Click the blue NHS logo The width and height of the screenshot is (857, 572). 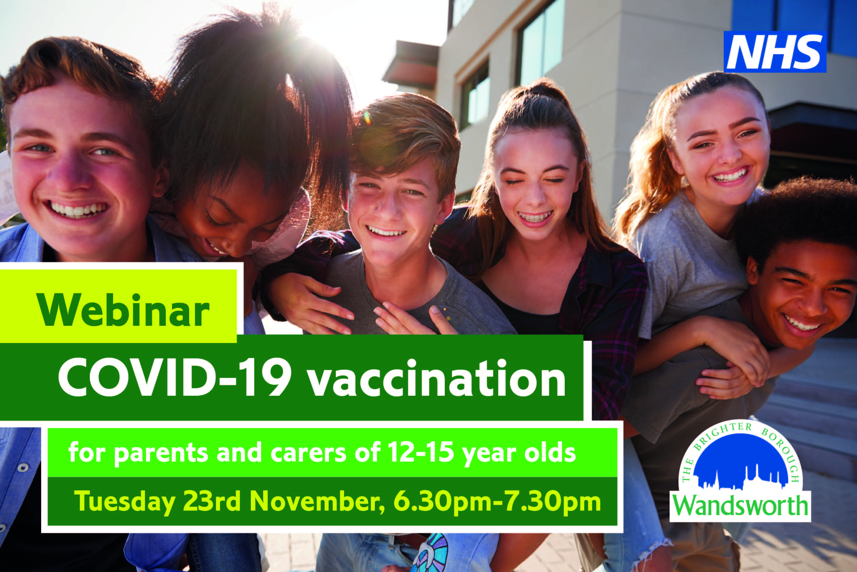click(775, 52)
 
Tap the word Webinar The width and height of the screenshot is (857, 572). click(123, 310)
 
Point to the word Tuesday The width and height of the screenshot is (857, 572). click(125, 502)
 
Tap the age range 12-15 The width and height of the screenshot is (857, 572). click(421, 452)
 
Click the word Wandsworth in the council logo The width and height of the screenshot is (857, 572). click(740, 505)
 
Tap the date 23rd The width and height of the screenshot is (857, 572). click(211, 501)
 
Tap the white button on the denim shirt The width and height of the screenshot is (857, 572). click(23, 467)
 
